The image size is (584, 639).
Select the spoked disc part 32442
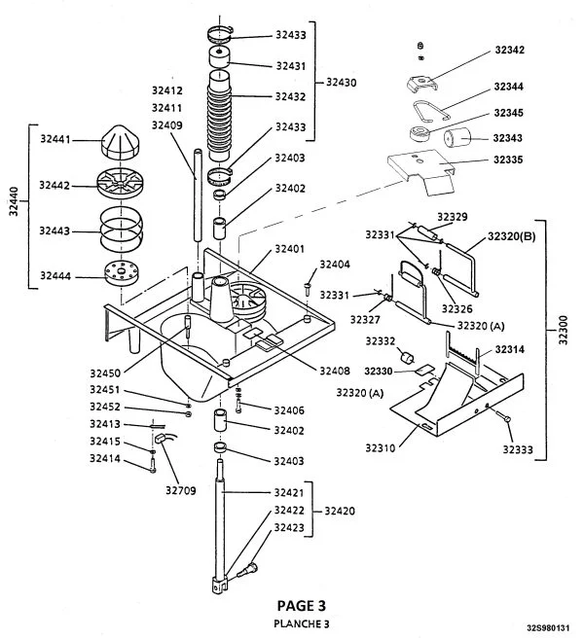[x=119, y=185]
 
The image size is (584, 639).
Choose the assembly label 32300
[x=562, y=337]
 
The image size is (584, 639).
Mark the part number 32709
[x=181, y=490]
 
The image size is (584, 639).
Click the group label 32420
[x=340, y=510]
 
